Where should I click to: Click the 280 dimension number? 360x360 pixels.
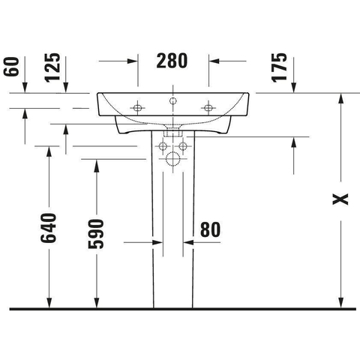[172, 61]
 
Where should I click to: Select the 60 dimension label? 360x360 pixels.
[11, 67]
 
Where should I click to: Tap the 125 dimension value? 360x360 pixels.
[52, 67]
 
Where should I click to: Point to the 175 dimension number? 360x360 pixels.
[279, 67]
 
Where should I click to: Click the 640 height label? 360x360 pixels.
[48, 228]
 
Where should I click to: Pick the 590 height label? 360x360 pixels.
[96, 234]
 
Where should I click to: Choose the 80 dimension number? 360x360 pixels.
[211, 229]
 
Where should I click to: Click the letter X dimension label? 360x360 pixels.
[340, 199]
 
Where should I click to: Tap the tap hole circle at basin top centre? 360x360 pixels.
[172, 100]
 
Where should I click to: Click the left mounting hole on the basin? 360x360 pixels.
[137, 108]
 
